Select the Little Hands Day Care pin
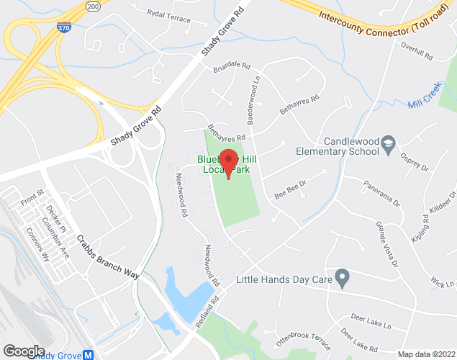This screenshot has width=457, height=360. (x=343, y=276)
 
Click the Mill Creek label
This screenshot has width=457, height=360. (x=424, y=104)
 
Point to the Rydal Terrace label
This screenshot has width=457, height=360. (x=169, y=14)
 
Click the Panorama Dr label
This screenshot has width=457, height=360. (x=381, y=192)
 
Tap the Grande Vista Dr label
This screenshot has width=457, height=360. (x=387, y=243)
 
